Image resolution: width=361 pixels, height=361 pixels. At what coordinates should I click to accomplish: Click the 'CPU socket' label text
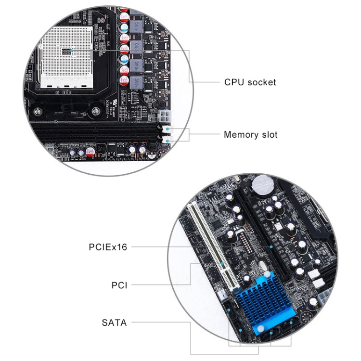click(250, 82)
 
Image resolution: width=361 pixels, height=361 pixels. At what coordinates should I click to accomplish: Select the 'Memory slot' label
click(250, 134)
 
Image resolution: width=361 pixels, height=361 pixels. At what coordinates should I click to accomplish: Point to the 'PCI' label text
click(119, 285)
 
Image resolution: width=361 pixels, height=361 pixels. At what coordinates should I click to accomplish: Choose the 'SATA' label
click(114, 322)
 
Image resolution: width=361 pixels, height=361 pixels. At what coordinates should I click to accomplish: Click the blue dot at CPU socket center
click(71, 50)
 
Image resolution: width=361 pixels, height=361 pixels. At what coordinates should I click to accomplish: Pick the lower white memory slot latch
click(165, 140)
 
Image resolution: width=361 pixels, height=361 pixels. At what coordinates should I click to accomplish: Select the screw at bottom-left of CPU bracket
click(36, 111)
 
